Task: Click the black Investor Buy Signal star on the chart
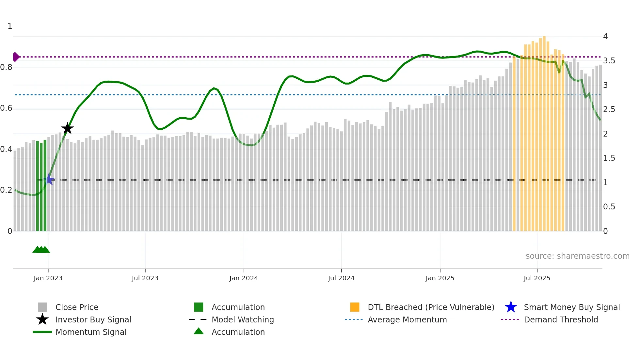point(68,128)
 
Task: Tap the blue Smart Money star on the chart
point(49,179)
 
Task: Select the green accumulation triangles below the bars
point(41,250)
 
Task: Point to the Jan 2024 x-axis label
point(244,278)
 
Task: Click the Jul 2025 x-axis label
point(537,278)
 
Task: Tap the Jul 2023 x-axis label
point(145,278)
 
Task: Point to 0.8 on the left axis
point(7,67)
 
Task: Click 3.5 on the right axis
point(609,61)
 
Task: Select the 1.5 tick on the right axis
point(609,158)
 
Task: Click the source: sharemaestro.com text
point(577,256)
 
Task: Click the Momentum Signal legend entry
point(91,332)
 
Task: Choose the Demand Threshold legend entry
point(561,319)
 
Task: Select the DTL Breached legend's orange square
point(355,307)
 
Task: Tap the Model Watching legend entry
point(243,319)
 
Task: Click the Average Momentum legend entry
point(407,319)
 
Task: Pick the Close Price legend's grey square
point(42,307)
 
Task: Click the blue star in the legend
point(511,307)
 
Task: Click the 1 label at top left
point(10,26)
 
